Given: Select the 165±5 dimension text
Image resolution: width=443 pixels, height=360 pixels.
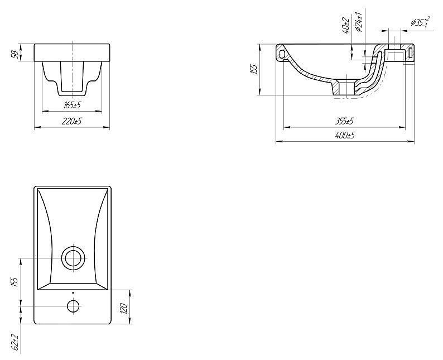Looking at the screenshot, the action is [x=73, y=105].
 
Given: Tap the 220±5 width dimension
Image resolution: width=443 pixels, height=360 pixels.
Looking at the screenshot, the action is [x=72, y=122].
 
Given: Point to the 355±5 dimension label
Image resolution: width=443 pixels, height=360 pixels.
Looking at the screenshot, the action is [x=344, y=121].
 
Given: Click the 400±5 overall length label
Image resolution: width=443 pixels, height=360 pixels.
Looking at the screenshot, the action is [x=345, y=136].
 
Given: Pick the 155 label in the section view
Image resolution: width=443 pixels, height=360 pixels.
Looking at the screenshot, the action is [x=254, y=69].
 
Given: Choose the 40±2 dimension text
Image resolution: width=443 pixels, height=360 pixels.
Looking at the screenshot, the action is [x=345, y=25].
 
